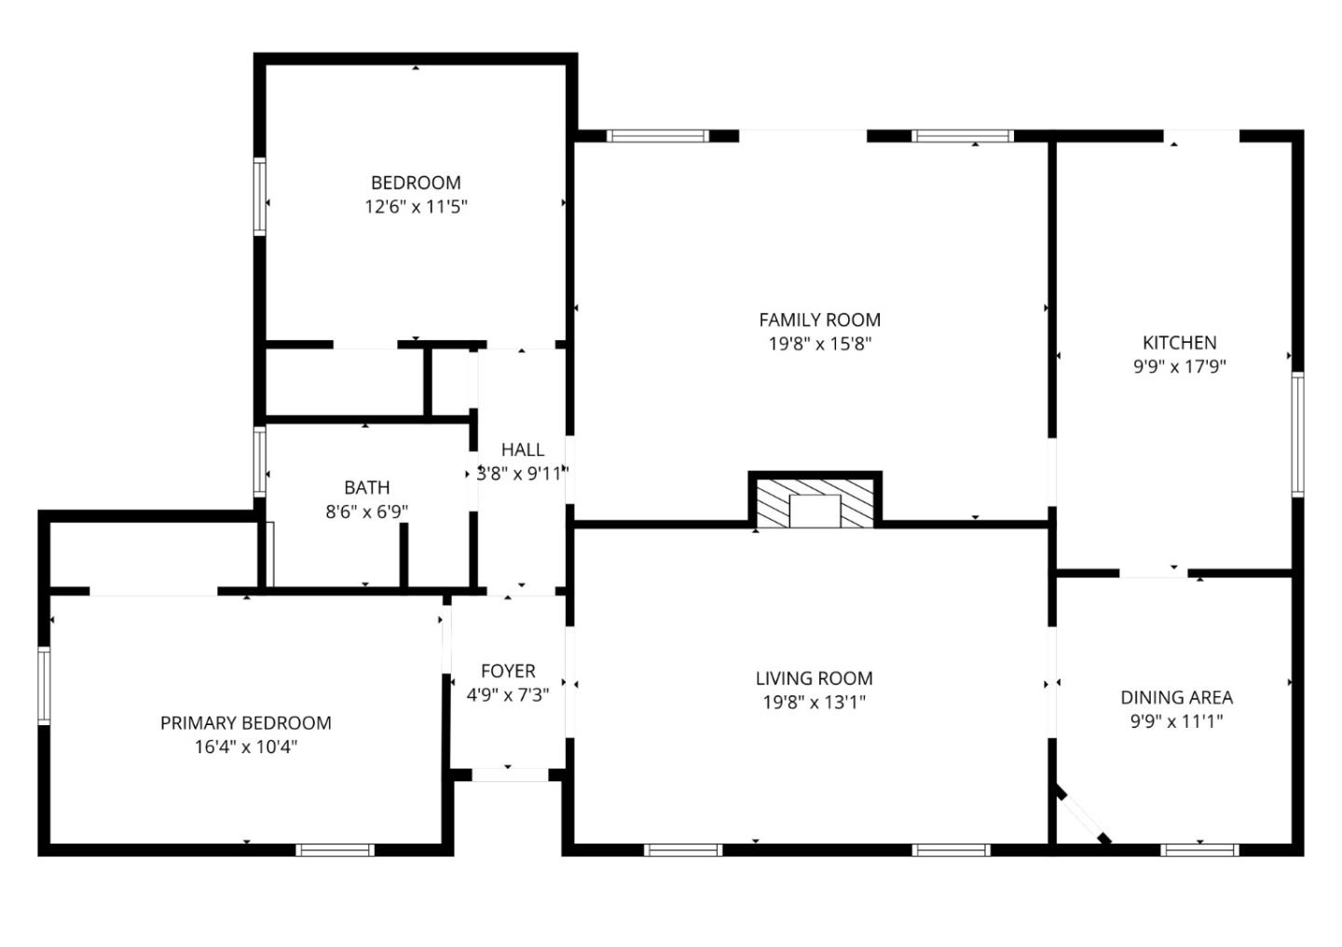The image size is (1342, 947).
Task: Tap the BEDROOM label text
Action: [416, 183]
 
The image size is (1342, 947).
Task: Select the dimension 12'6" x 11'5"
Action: [416, 206]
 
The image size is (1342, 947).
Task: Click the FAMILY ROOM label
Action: [819, 320]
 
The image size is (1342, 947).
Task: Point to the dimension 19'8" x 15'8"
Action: [819, 344]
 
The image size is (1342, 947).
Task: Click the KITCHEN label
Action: [1179, 342]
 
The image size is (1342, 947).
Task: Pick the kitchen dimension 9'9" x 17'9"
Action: [1179, 366]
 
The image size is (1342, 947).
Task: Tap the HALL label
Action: [522, 449]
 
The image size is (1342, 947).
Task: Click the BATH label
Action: [366, 487]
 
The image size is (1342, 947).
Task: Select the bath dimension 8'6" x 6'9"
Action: [366, 511]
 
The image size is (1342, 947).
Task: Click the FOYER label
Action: [508, 671]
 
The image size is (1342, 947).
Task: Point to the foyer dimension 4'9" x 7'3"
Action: [508, 694]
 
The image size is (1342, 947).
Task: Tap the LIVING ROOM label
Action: [814, 679]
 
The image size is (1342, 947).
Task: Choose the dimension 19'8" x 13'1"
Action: [814, 702]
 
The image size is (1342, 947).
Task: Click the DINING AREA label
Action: [1176, 697]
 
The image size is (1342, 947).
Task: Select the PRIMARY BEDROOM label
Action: [245, 722]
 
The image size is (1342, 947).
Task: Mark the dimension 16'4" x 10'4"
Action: [245, 747]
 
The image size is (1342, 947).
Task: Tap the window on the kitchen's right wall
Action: [1296, 433]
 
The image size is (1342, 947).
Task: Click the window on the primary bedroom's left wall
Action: [44, 685]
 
